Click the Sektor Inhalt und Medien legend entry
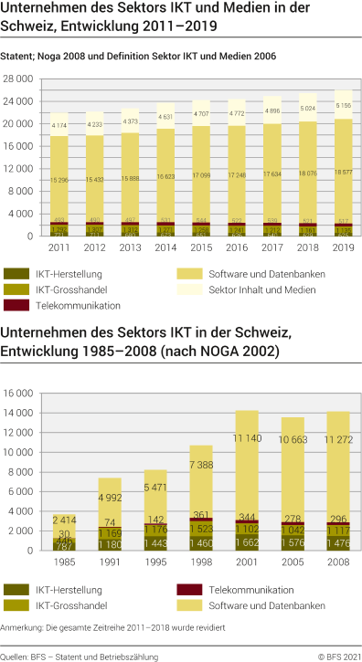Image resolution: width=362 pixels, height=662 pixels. pos(250,289)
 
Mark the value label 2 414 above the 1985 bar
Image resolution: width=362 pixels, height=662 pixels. pos(65,520)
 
